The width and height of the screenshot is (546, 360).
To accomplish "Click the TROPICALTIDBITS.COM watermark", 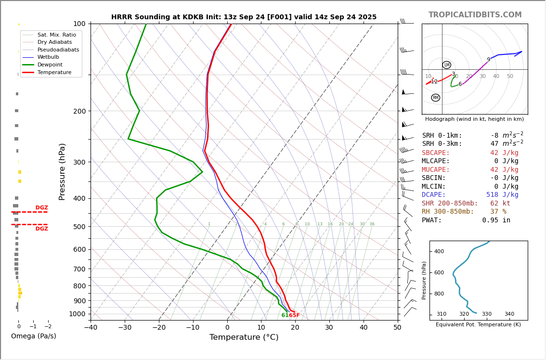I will click(x=475, y=15).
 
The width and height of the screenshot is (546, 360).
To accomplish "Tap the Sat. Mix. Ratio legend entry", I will click(x=56, y=35).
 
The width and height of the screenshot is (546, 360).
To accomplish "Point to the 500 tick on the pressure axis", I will click(x=79, y=227).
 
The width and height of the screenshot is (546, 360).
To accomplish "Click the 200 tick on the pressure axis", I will click(x=79, y=111).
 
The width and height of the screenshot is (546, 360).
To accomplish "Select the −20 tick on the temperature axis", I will click(x=159, y=328).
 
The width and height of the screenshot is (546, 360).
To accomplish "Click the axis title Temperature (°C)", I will click(x=244, y=337).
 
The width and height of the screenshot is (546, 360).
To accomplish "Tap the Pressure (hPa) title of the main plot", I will click(x=62, y=171).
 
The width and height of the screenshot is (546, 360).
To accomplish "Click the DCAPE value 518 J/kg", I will click(x=502, y=195).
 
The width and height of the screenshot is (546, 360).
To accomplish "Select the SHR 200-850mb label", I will click(x=450, y=204).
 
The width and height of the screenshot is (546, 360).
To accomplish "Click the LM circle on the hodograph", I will click(x=447, y=65).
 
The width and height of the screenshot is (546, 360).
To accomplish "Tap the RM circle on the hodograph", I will click(x=435, y=98).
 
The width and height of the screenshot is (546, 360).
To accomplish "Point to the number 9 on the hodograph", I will click(x=488, y=60).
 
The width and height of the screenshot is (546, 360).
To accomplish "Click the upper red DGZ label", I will click(x=41, y=208).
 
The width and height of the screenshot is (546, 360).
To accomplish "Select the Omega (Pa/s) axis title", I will click(x=33, y=336).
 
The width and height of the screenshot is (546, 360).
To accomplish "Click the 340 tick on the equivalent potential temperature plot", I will click(x=509, y=314).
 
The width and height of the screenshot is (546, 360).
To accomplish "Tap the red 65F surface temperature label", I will click(x=294, y=315).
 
